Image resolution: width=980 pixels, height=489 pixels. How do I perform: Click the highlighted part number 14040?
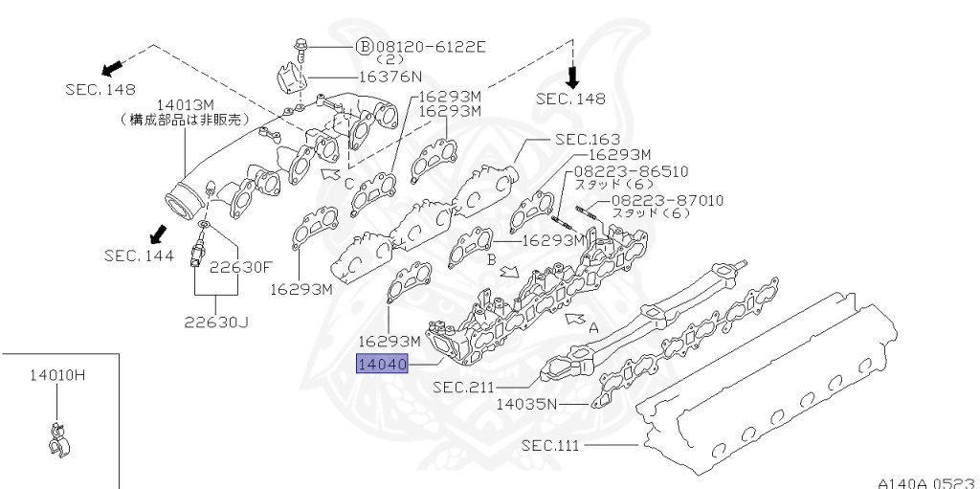click(x=383, y=365)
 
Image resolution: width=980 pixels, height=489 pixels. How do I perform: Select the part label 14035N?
click(x=526, y=404)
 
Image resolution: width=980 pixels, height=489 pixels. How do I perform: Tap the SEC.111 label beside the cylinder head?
click(x=553, y=445)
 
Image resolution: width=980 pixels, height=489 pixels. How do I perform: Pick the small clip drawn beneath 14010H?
click(x=56, y=437)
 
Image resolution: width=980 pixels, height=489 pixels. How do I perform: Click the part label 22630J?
click(x=216, y=322)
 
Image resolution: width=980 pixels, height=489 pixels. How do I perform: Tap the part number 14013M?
click(x=188, y=103)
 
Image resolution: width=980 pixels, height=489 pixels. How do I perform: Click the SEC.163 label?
click(x=587, y=139)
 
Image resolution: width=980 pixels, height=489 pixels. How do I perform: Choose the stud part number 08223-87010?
click(x=668, y=200)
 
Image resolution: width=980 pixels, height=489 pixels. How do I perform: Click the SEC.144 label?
click(x=140, y=256)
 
